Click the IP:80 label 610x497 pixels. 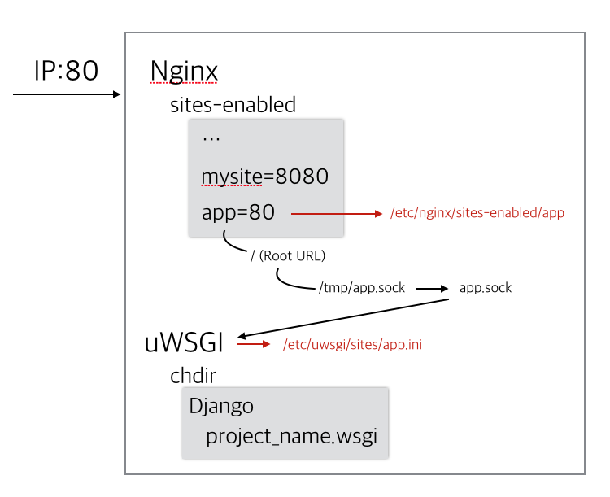tap(66, 71)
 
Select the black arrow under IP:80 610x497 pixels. tap(67, 94)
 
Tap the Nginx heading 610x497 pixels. tap(184, 72)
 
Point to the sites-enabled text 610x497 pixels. tap(233, 105)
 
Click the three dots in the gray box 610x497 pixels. tap(211, 139)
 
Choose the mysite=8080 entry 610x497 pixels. tap(265, 177)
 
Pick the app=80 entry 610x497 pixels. tap(238, 212)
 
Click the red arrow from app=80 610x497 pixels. tap(337, 214)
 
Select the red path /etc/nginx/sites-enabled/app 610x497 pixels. tap(477, 213)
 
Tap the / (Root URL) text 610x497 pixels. tap(288, 255)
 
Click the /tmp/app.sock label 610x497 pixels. tap(362, 288)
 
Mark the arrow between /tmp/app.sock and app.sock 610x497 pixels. tap(432, 289)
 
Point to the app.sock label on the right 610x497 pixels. tap(485, 288)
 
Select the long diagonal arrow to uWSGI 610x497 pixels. tap(343, 318)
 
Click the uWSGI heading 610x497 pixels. tap(184, 343)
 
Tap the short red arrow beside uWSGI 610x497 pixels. tap(254, 344)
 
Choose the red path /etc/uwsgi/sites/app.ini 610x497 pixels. tap(352, 344)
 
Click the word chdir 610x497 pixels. tap(193, 376)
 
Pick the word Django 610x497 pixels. tap(221, 407)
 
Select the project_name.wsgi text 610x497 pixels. tap(291, 436)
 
